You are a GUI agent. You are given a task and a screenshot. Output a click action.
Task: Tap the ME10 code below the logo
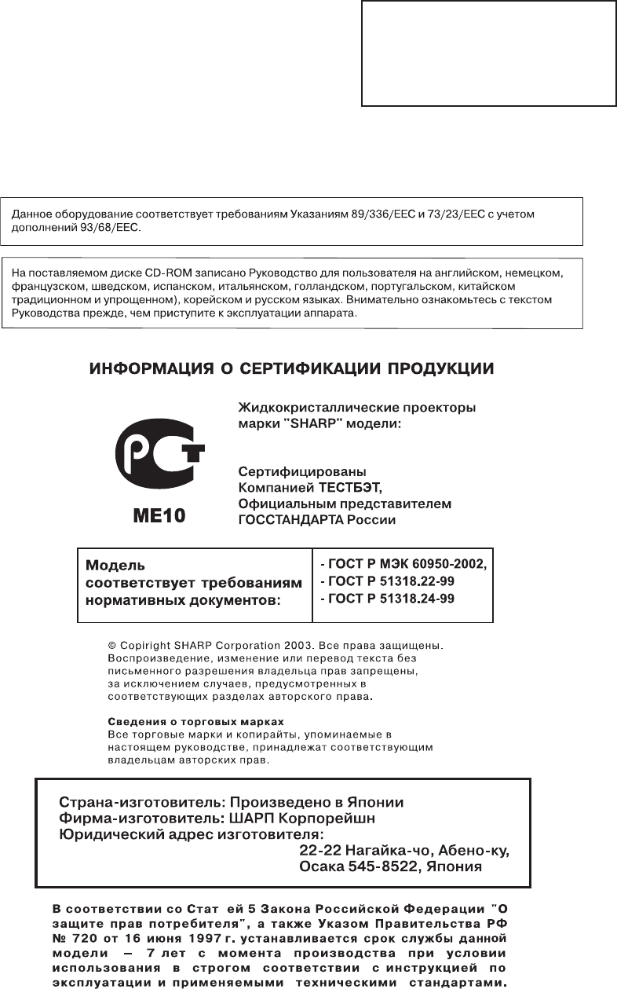pyautogui.click(x=159, y=516)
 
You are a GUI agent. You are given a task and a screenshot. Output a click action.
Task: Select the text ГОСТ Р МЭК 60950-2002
pyautogui.click(x=407, y=564)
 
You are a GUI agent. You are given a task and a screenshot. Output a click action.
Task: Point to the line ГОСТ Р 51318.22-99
pyautogui.click(x=389, y=581)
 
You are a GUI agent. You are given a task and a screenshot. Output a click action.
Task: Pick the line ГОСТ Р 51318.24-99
pyautogui.click(x=389, y=599)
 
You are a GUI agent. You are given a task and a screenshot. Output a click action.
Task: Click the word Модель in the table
pyautogui.click(x=115, y=565)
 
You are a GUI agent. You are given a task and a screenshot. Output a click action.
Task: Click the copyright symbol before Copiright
pyautogui.click(x=111, y=646)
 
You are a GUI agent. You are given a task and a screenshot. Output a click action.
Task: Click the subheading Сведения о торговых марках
pyautogui.click(x=195, y=721)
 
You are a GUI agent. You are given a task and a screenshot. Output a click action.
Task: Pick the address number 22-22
pyautogui.click(x=319, y=851)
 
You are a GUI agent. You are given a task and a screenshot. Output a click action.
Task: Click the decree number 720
pyautogui.click(x=83, y=939)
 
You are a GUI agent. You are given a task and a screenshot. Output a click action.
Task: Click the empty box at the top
pyautogui.click(x=487, y=53)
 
